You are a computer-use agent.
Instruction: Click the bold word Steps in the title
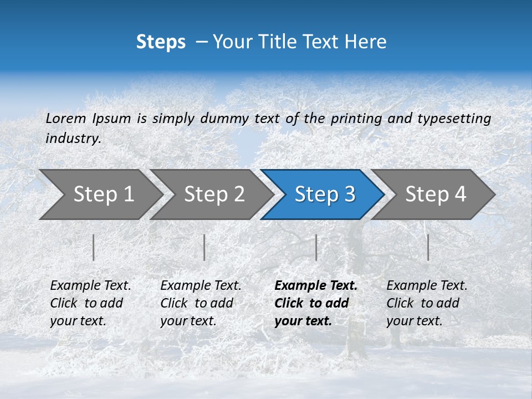point(161,42)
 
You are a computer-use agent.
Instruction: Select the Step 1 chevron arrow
point(100,194)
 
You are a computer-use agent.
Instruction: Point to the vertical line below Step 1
point(94,247)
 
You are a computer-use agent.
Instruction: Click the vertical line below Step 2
point(204,247)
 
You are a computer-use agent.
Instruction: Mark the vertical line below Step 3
point(316,247)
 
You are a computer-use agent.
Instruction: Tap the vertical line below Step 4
point(428,247)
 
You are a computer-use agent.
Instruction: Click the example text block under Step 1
point(90,303)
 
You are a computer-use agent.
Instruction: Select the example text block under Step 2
point(201,303)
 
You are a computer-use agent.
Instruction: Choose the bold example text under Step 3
point(316,303)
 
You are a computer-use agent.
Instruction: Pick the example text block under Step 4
point(427,303)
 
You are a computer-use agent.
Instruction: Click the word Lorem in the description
point(65,118)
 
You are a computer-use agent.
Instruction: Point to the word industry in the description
point(73,139)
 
